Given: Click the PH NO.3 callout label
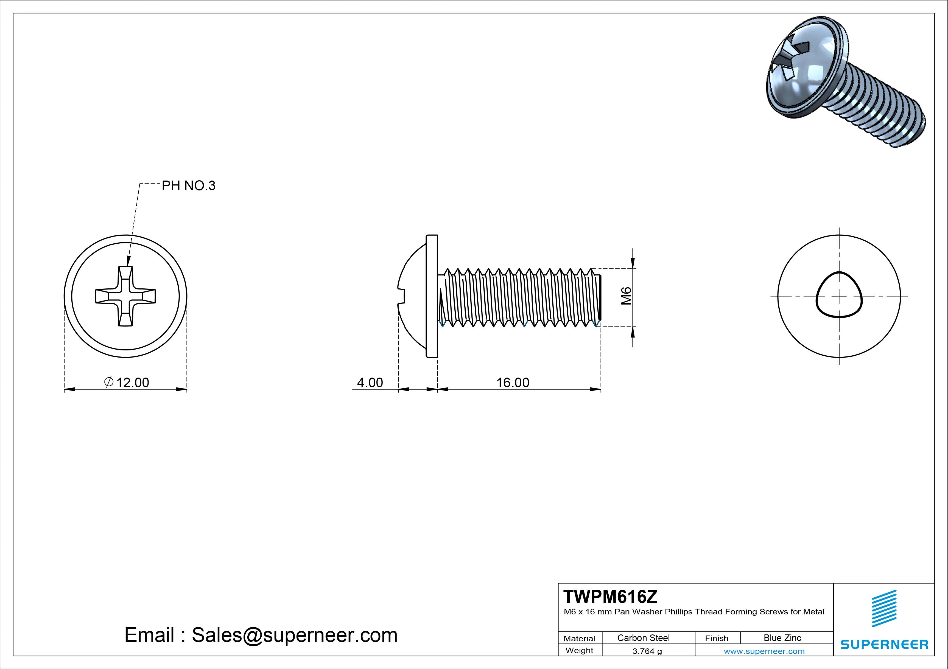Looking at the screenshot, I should [188, 186].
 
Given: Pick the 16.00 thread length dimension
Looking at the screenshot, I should [512, 383].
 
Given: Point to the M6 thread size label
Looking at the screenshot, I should [626, 296].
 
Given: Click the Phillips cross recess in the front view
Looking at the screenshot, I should [125, 296].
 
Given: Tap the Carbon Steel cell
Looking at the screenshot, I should [643, 638].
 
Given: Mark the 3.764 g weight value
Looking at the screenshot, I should [647, 651].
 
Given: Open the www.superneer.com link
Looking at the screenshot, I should [764, 651].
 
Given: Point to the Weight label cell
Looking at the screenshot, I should [579, 650].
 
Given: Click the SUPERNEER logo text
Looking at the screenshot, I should [884, 644].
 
